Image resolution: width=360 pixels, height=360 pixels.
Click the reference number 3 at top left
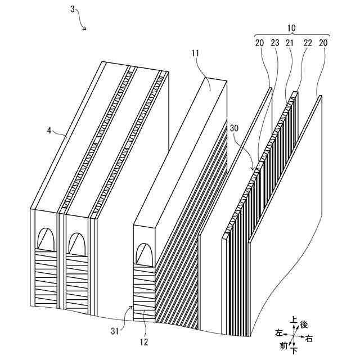[74, 9]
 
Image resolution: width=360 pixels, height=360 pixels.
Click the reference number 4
[49, 130]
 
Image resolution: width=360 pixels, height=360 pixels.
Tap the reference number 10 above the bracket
[291, 28]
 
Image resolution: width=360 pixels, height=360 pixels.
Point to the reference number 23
[274, 43]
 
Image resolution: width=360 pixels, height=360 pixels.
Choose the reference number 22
[307, 43]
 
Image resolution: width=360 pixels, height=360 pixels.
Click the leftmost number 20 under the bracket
[259, 43]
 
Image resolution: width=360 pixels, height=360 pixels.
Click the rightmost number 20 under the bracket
[323, 43]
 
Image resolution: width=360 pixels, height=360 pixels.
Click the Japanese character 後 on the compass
[304, 325]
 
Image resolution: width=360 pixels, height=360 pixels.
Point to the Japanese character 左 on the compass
[278, 333]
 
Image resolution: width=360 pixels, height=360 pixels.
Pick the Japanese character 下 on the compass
[294, 351]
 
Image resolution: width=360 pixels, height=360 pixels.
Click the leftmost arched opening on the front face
[46, 240]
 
